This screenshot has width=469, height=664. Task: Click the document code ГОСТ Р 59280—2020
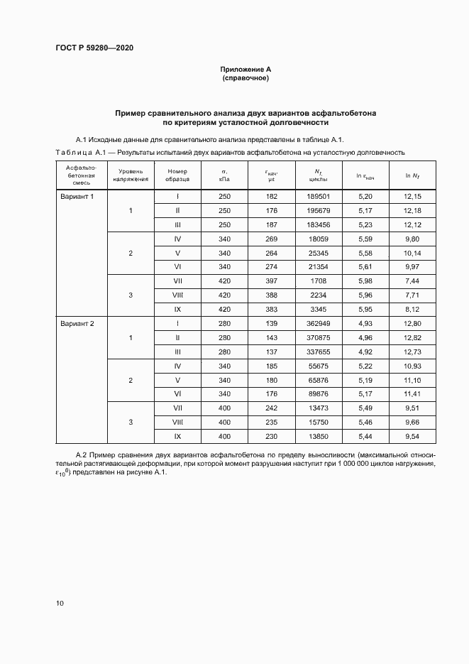tap(94, 48)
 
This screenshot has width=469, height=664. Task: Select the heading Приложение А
tap(245, 69)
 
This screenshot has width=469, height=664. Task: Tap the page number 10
tap(60, 603)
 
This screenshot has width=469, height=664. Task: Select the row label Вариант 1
tap(76, 196)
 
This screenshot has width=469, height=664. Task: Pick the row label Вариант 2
tap(76, 323)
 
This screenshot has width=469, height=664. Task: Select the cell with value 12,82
tap(412, 337)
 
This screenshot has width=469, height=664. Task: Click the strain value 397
tap(272, 281)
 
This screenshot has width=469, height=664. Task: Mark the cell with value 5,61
tap(365, 267)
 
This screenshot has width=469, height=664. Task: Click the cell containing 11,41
tap(412, 394)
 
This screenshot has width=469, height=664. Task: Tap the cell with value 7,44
tap(412, 281)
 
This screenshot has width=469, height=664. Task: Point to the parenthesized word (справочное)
tap(245, 78)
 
